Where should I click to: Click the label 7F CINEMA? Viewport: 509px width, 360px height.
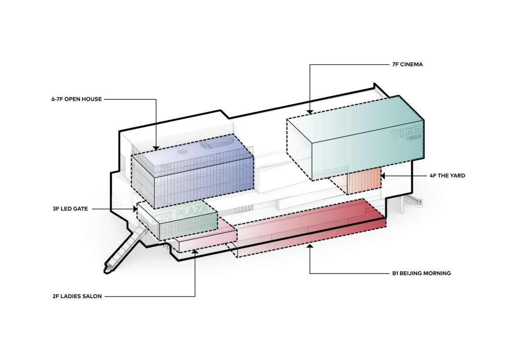pos(407,64)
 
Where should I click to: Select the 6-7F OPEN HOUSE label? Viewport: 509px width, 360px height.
pos(76,99)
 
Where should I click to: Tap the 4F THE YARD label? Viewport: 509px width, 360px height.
pos(447,176)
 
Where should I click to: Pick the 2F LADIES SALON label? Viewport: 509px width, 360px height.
pos(76,296)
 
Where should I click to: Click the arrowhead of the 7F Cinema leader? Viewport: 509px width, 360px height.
pos(310,112)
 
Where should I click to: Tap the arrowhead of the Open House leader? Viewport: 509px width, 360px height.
pos(156,148)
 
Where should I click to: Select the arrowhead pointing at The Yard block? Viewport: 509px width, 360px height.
pos(383,176)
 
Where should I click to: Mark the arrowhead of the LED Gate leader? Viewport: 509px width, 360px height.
pos(135,208)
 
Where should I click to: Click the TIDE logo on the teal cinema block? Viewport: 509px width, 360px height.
pos(406,135)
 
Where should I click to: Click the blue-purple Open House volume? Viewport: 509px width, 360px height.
pos(199,181)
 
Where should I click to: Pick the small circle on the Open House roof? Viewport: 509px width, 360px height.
pos(182,152)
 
